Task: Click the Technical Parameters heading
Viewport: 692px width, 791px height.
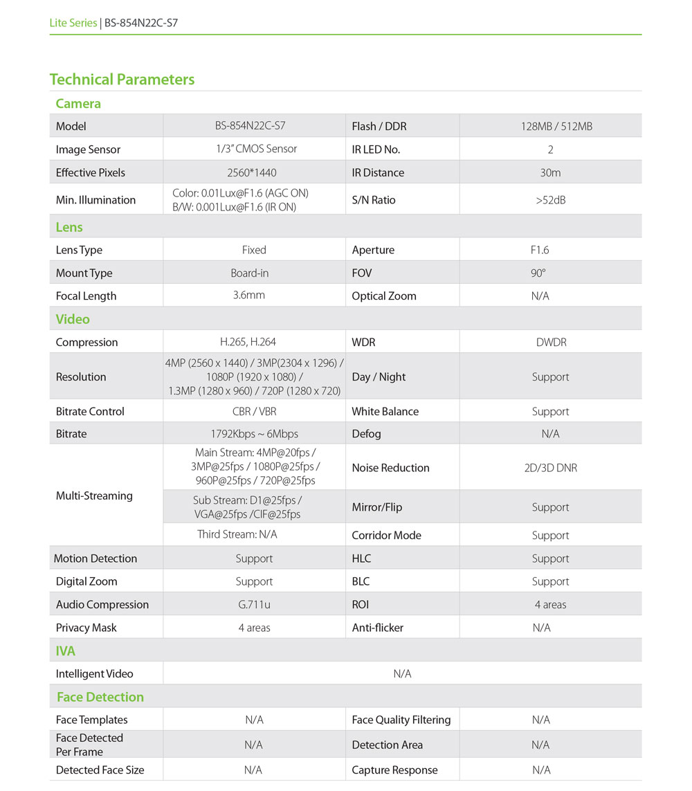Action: [x=122, y=80]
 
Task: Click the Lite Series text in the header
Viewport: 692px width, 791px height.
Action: [x=73, y=23]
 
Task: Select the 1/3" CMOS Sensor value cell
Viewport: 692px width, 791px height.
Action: [x=254, y=149]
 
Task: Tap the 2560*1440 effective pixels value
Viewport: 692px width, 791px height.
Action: [x=254, y=172]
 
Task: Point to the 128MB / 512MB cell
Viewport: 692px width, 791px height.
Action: [x=550, y=126]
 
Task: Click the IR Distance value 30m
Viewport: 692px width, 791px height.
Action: [x=550, y=172]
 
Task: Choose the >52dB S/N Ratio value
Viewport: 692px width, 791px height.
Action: [x=550, y=200]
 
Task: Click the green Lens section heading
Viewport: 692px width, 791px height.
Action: [x=69, y=227]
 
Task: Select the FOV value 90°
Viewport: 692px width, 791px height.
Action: [x=538, y=273]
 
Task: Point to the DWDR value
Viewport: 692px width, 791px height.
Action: [x=551, y=342]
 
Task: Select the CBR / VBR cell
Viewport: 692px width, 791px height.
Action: [x=254, y=411]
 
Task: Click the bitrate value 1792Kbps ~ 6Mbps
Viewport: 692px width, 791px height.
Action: [x=254, y=434]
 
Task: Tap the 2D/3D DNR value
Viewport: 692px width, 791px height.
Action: [x=550, y=468]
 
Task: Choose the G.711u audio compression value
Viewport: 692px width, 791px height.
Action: [x=254, y=605]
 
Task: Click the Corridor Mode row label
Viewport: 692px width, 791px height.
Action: [x=386, y=536]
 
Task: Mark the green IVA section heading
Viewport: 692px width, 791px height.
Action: [x=66, y=651]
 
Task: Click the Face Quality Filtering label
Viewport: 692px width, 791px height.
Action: [x=401, y=720]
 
